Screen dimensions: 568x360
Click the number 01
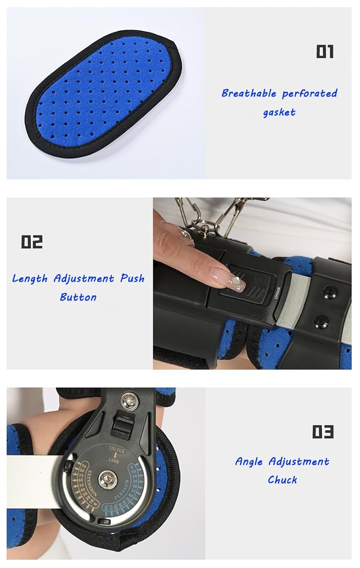(325, 51)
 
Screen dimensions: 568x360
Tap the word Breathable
(249, 93)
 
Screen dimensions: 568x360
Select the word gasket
(279, 112)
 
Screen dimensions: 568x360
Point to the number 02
(32, 242)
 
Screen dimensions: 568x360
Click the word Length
(30, 279)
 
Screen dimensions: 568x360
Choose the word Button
(78, 297)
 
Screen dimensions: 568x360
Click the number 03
(323, 431)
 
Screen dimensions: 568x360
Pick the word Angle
(249, 462)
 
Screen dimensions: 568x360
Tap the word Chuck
(282, 480)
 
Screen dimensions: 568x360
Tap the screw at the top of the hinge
(127, 399)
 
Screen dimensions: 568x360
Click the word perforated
(309, 93)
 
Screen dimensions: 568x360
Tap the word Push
(132, 279)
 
